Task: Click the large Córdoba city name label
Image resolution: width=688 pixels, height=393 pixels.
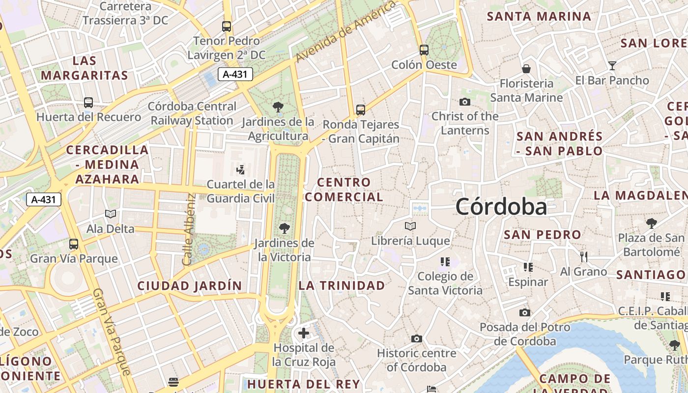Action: (x=501, y=207)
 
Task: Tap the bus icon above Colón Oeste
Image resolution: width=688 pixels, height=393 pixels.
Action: (x=424, y=50)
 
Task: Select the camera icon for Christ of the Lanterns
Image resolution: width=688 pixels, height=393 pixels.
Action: (x=464, y=102)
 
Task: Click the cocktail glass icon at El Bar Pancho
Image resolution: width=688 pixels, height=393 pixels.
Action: (x=612, y=65)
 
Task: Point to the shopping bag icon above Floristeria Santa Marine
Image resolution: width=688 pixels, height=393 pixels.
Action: (x=526, y=68)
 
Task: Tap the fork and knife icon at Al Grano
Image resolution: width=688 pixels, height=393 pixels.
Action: (x=584, y=256)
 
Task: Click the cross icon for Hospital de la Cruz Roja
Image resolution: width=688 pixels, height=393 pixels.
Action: (x=304, y=333)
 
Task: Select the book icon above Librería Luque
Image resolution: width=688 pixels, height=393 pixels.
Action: (x=410, y=226)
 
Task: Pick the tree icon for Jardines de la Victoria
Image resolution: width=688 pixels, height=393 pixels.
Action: (x=284, y=228)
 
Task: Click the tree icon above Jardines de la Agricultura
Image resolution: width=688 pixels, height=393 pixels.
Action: (x=278, y=107)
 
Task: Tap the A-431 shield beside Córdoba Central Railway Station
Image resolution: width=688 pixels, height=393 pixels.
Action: (x=235, y=74)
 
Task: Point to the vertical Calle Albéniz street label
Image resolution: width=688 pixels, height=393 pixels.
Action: (x=189, y=229)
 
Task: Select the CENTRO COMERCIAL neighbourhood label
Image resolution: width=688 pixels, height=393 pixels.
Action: (x=344, y=190)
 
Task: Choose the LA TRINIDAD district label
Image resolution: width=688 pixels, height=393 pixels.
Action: (x=342, y=285)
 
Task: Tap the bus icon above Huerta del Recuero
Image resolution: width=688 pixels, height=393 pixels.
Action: (x=88, y=103)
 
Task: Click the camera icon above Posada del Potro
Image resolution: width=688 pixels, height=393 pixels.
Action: (x=524, y=312)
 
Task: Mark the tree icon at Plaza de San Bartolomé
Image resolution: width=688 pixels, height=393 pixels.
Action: (x=651, y=224)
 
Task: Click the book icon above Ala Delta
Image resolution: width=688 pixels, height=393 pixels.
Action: (x=111, y=214)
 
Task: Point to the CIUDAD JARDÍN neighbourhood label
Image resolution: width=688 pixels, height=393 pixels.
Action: (x=190, y=285)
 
